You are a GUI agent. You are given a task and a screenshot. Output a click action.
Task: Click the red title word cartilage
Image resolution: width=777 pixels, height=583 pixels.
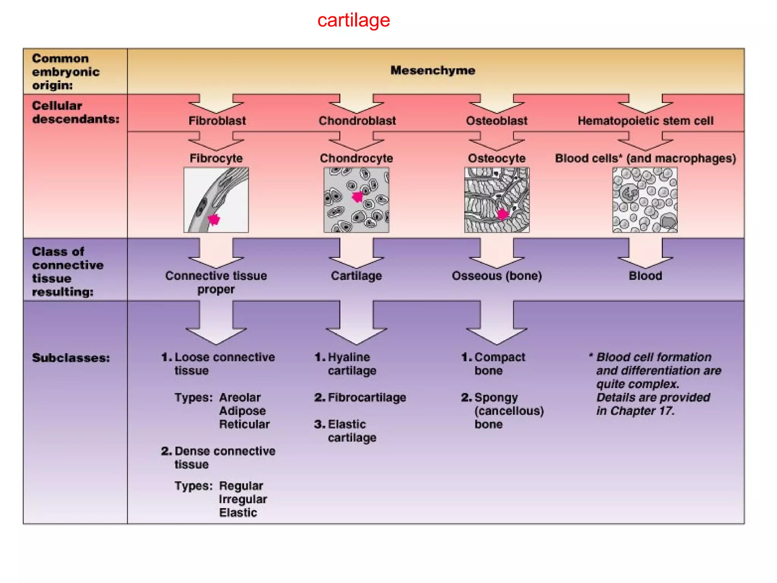coord(353,20)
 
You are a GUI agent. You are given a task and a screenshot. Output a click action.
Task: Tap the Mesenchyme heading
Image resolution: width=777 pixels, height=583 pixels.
coord(433,70)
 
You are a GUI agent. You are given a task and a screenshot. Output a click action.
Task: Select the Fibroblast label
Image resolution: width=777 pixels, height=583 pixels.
coord(217,121)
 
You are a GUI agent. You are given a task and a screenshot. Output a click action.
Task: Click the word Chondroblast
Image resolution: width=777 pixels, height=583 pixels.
coord(357,121)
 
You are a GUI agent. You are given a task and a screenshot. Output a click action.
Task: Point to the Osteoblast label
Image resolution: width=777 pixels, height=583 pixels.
coord(497,121)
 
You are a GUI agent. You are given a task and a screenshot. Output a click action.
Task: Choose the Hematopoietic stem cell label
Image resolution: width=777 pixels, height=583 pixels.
coord(645,121)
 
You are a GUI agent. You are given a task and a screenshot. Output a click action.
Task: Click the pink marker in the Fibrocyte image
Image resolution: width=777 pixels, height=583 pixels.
coord(214,219)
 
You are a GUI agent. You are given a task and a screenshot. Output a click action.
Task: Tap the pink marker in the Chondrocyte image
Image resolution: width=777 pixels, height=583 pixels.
coord(357,197)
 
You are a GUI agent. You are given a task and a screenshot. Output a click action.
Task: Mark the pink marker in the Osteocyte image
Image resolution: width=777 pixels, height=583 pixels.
coord(502,214)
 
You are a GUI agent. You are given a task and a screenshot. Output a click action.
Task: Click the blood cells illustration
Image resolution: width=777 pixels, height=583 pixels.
coord(645,200)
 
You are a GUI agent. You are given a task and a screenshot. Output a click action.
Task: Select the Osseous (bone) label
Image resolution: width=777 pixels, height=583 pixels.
coord(497,276)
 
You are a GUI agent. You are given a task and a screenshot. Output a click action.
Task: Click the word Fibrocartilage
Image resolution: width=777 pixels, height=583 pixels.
coord(366,397)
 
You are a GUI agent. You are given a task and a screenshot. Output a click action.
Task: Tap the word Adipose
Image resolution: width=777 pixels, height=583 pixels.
coord(242,411)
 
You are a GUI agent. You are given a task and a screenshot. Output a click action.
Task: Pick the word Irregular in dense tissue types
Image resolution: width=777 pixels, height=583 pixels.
coord(243,499)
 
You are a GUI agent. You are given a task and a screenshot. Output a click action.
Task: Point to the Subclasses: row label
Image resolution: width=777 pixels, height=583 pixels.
coord(71,358)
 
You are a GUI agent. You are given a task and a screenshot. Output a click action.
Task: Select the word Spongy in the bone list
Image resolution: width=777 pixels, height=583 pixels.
coord(496,397)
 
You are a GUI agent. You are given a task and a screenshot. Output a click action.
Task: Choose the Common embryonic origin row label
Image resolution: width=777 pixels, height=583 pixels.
coord(66,72)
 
